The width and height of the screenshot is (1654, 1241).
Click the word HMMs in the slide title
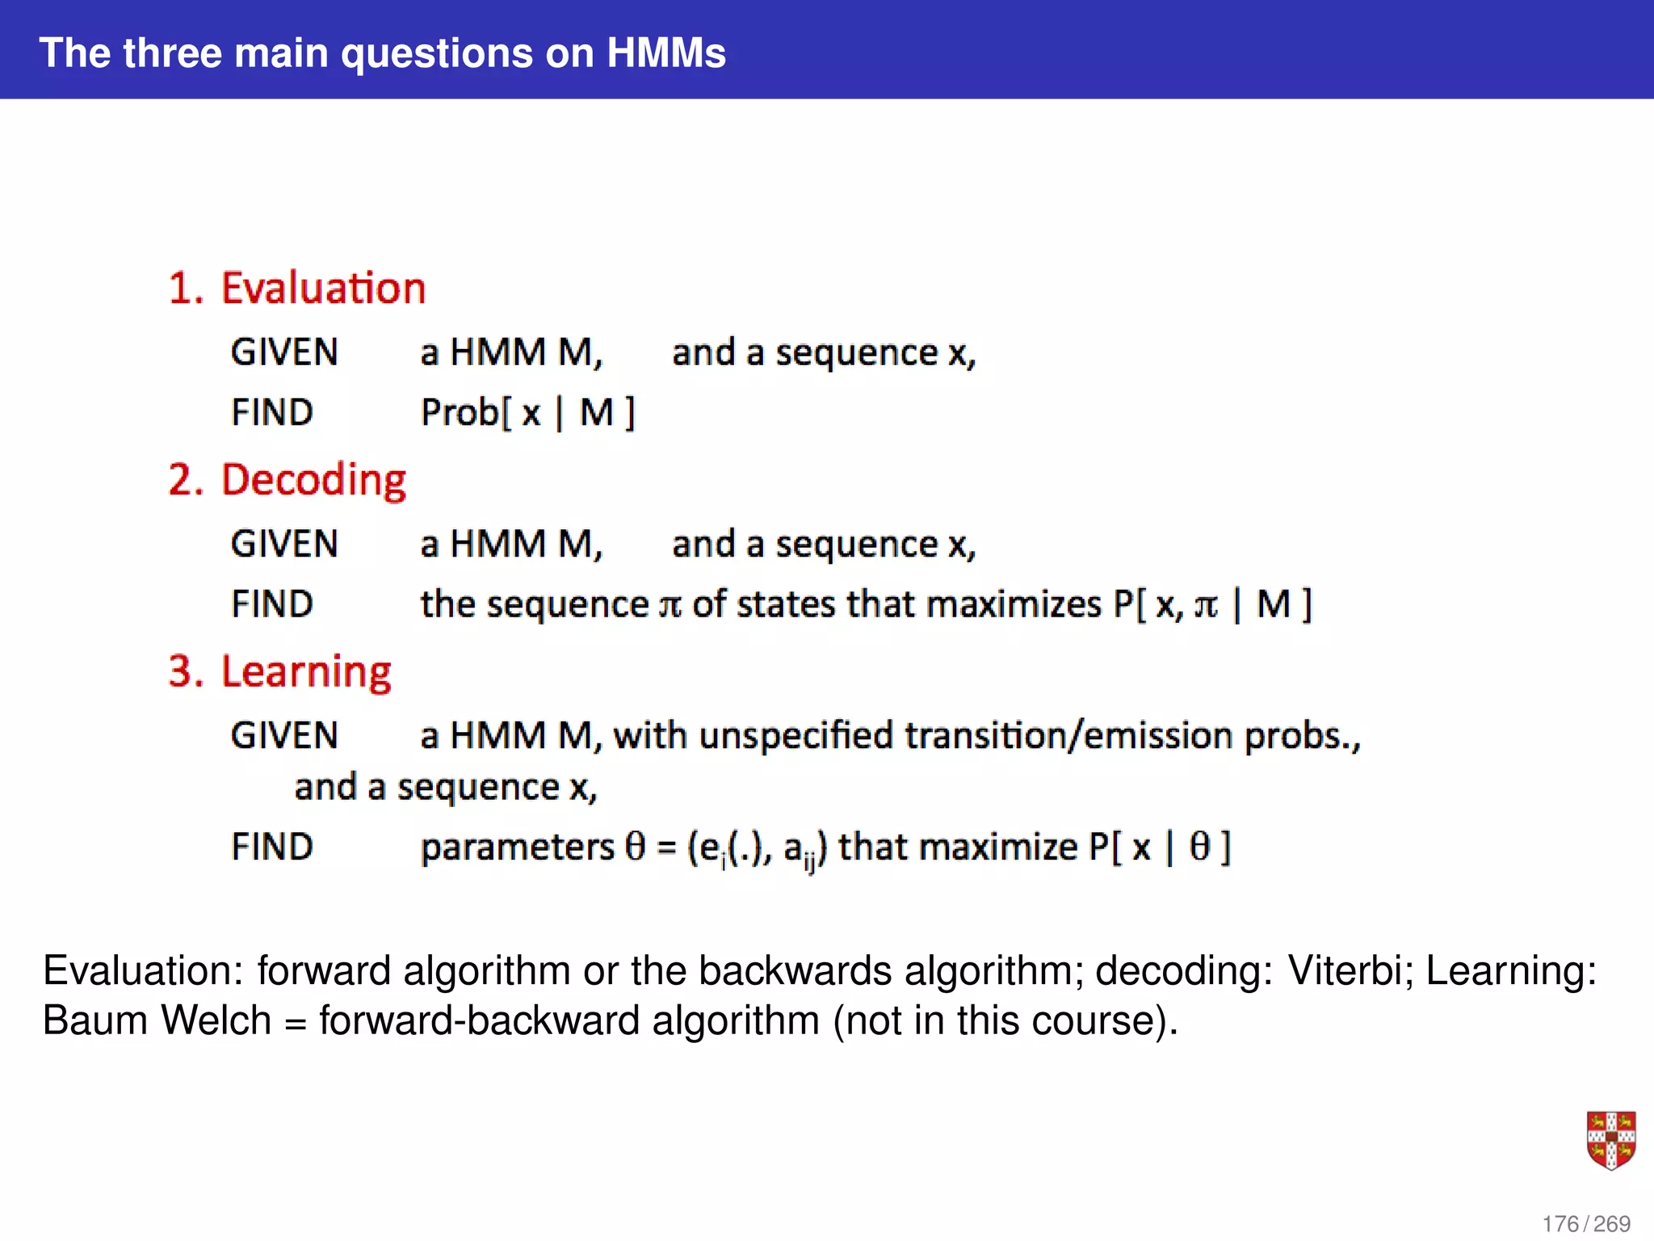pyautogui.click(x=665, y=53)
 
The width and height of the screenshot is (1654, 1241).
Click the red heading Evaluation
pyautogui.click(x=323, y=288)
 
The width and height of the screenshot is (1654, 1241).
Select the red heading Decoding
pyautogui.click(x=313, y=480)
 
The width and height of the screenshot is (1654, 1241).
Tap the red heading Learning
pyautogui.click(x=306, y=672)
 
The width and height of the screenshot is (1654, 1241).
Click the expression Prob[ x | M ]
pyautogui.click(x=528, y=413)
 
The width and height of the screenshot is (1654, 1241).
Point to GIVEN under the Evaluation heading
pyautogui.click(x=284, y=352)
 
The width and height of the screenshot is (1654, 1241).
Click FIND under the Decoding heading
pyautogui.click(x=272, y=604)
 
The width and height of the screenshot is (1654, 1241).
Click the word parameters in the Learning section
pyautogui.click(x=518, y=848)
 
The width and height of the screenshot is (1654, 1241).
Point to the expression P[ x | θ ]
pyautogui.click(x=1159, y=848)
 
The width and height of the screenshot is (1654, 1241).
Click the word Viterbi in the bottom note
pyautogui.click(x=1350, y=970)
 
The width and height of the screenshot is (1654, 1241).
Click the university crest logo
pyautogui.click(x=1610, y=1140)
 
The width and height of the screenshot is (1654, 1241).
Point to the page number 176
pyautogui.click(x=1560, y=1224)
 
